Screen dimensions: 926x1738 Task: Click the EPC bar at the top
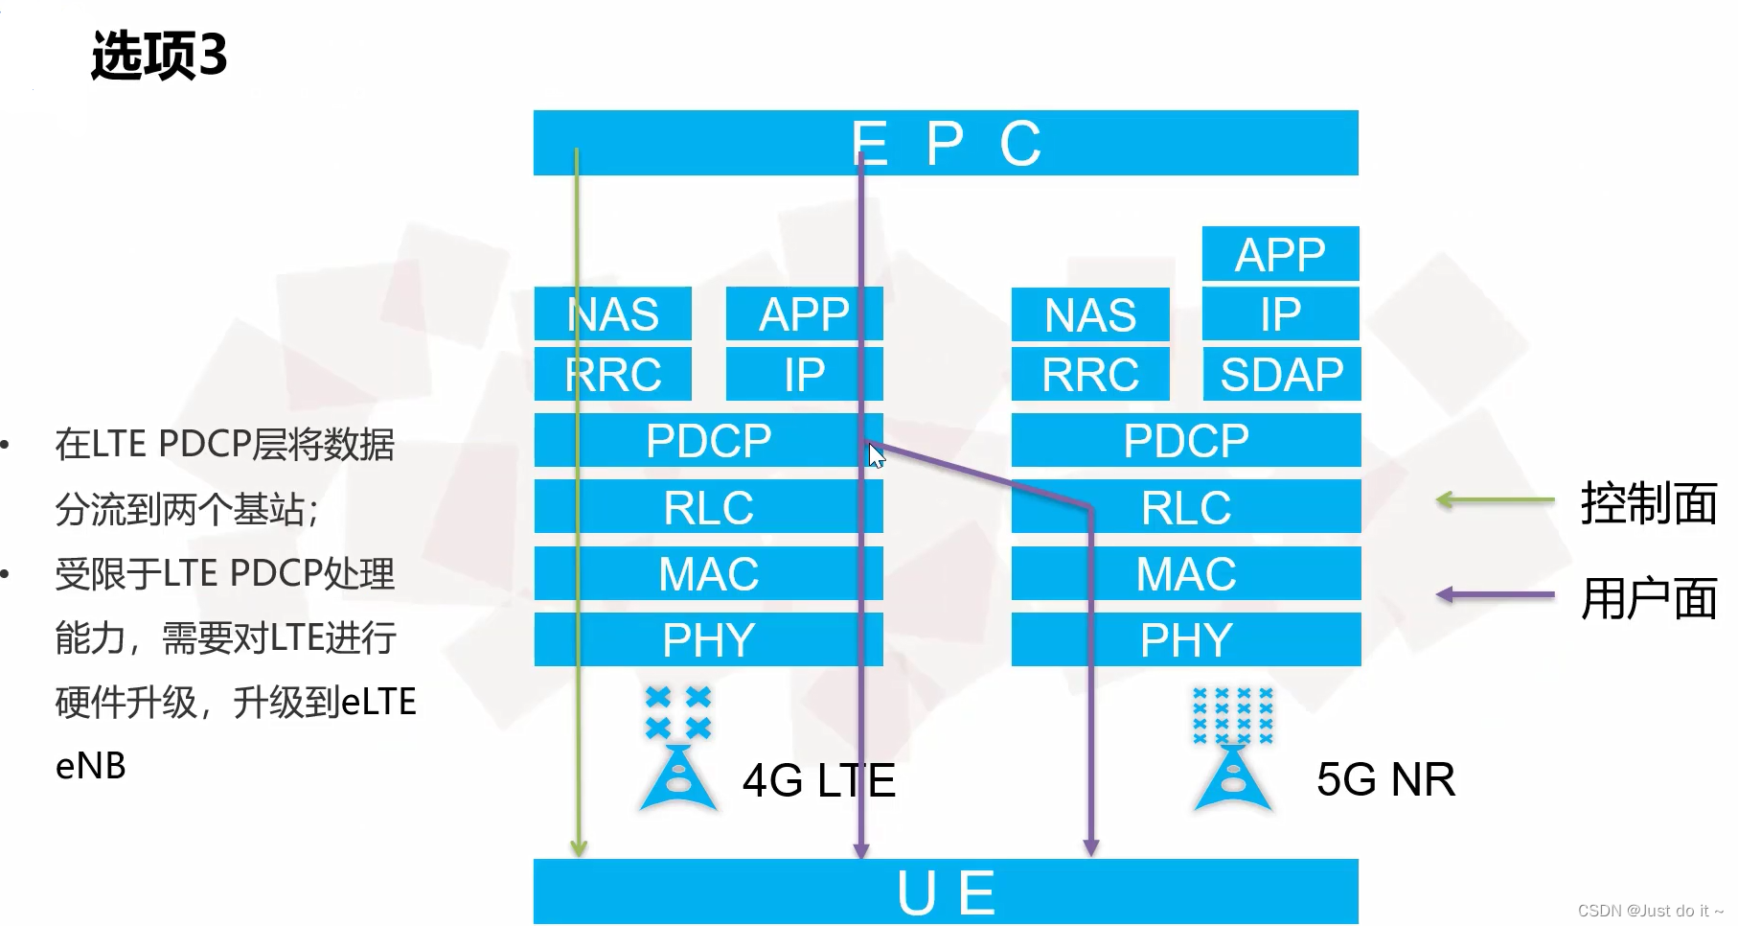point(945,143)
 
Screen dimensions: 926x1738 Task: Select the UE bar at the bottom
point(945,891)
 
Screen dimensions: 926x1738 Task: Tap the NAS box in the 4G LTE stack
point(612,314)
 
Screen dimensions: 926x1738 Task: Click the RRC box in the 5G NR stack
point(1089,374)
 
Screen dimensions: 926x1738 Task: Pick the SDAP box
point(1281,374)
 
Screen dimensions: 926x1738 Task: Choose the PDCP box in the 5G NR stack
point(1185,440)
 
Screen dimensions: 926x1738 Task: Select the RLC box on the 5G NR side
point(1185,507)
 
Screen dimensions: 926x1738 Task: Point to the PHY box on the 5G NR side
point(1185,639)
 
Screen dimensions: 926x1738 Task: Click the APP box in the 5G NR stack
point(1280,254)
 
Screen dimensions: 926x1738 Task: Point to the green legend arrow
point(1495,499)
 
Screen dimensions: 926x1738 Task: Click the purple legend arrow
point(1495,594)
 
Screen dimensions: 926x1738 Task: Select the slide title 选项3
point(159,55)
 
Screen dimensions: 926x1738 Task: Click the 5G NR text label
point(1385,778)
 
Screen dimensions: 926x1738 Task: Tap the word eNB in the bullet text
point(91,766)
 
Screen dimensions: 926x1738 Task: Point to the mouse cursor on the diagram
point(876,455)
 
